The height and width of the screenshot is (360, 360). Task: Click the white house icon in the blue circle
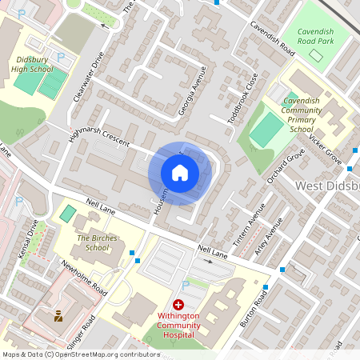click(x=180, y=173)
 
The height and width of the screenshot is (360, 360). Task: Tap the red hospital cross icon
click(x=178, y=306)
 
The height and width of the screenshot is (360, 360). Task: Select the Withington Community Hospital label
click(x=178, y=326)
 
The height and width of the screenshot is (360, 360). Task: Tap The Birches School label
click(x=92, y=242)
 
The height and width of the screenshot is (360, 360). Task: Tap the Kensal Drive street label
click(x=28, y=238)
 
